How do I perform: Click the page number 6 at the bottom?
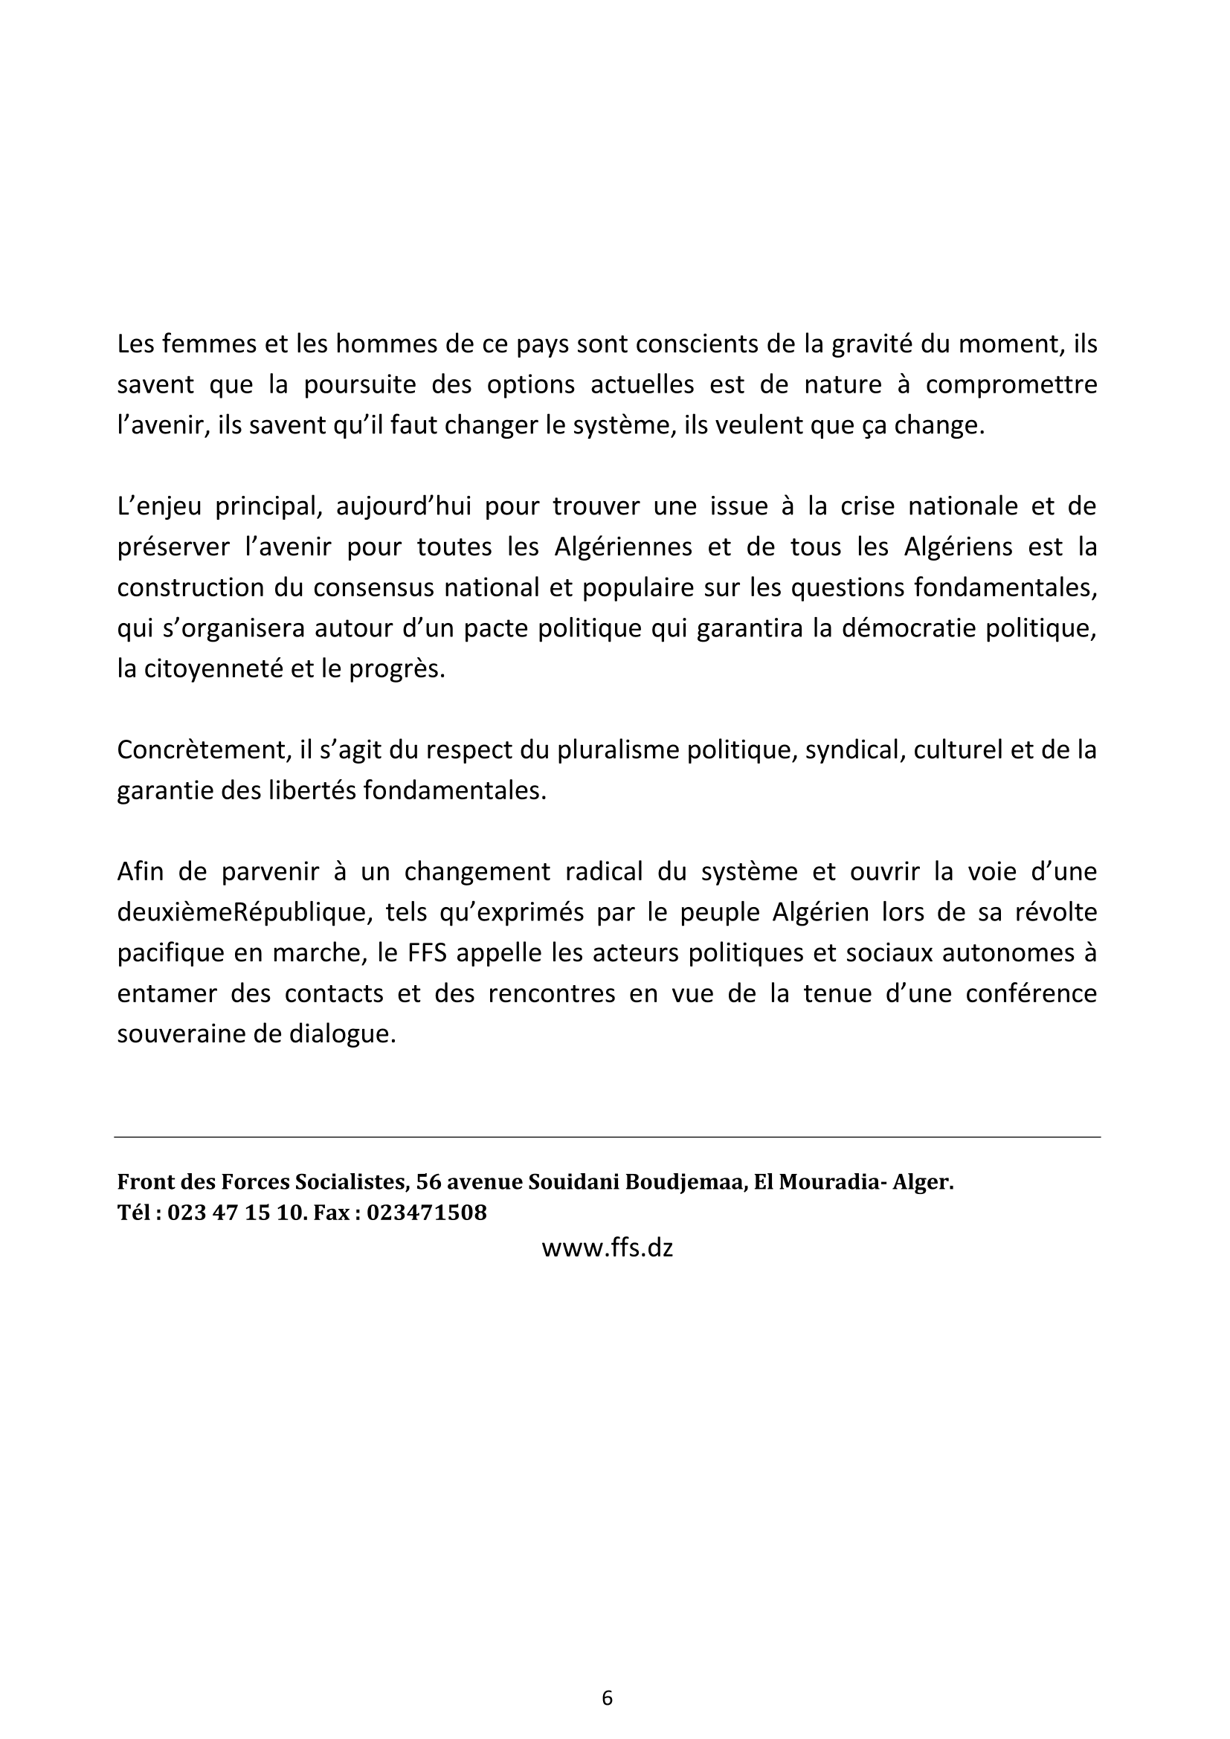click(x=607, y=1697)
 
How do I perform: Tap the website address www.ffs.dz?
click(x=607, y=1247)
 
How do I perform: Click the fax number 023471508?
click(x=426, y=1213)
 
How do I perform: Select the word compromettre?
click(x=1011, y=385)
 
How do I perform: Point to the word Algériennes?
click(x=622, y=547)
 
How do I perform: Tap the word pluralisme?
click(x=616, y=750)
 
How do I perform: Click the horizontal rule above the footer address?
click(x=607, y=1137)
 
